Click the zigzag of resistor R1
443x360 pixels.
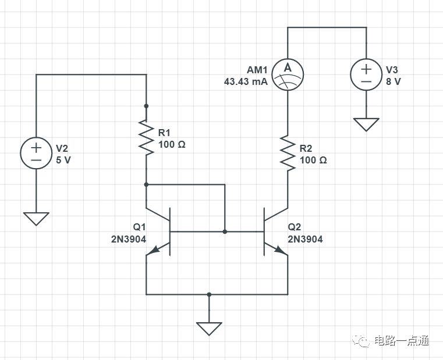[146, 137]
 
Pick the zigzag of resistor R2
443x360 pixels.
[288, 154]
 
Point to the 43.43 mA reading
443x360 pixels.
[246, 82]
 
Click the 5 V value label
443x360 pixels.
[63, 161]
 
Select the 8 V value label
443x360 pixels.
[394, 82]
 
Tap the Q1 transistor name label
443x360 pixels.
[139, 227]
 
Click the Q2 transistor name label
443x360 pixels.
[295, 227]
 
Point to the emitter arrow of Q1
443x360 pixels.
[154, 249]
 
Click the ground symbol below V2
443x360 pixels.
[36, 219]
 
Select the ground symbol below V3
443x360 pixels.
[366, 124]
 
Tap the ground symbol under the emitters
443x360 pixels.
[209, 329]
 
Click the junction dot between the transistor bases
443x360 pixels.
[225, 231]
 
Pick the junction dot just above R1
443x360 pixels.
[146, 106]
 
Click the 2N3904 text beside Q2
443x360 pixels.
[305, 240]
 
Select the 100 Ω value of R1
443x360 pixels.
[172, 145]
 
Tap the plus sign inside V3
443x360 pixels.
[366, 69]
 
